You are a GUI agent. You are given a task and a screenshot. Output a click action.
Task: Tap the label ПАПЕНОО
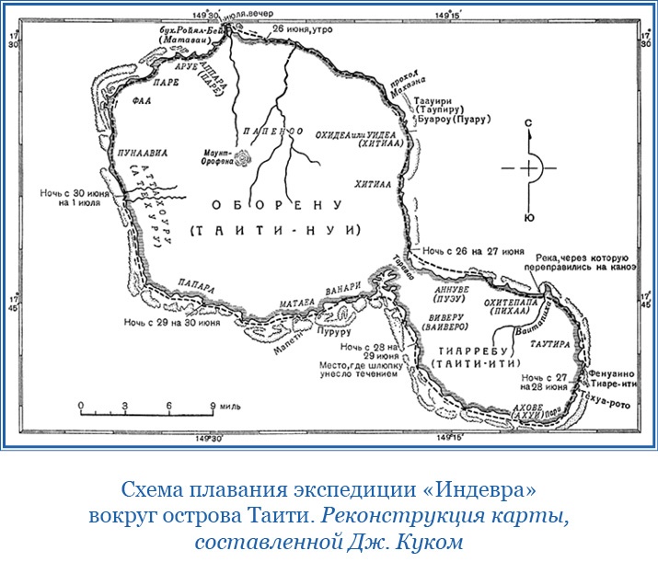click(x=272, y=132)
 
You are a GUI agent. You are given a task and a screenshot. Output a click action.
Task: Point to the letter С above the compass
click(x=528, y=121)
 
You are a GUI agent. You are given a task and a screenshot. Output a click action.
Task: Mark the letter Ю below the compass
click(x=528, y=217)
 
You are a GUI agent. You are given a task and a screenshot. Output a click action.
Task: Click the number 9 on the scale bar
click(x=213, y=406)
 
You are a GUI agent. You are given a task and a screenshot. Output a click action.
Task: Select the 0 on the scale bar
click(x=80, y=406)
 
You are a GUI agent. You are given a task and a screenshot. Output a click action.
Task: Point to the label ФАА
click(x=141, y=101)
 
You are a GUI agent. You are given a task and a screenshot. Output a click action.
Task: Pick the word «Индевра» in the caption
click(x=487, y=487)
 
